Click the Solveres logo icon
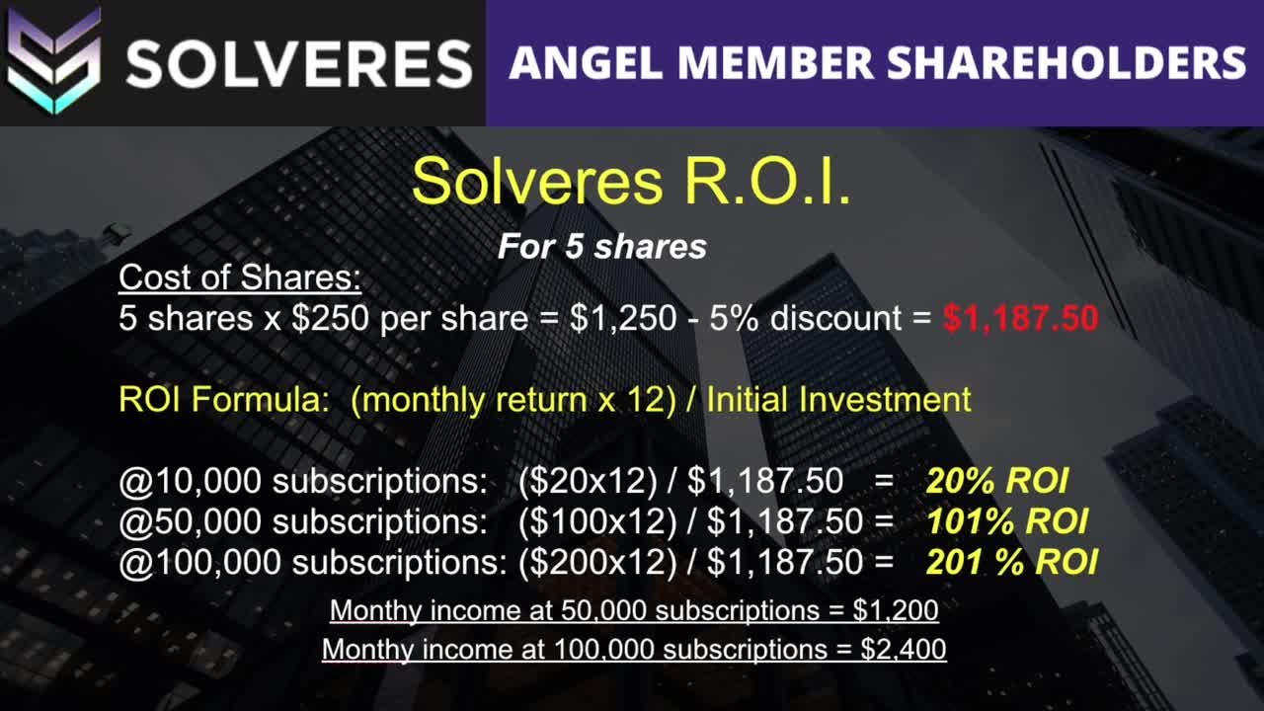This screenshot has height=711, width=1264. coord(54,61)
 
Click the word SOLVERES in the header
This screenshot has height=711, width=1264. coord(298,63)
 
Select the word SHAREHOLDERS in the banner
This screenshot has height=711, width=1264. coord(1066,63)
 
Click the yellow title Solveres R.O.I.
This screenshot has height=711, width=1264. coord(631,182)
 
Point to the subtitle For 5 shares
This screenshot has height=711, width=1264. coord(601,247)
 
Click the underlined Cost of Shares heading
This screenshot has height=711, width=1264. coord(240,278)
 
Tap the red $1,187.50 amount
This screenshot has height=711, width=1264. coord(1020,319)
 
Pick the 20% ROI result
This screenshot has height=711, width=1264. coord(997,481)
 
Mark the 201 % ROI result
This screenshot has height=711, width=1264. coord(1011,562)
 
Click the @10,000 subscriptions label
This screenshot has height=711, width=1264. coord(302,481)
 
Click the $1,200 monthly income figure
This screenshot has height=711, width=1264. coord(896,610)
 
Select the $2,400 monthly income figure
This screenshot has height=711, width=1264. coord(903,649)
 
